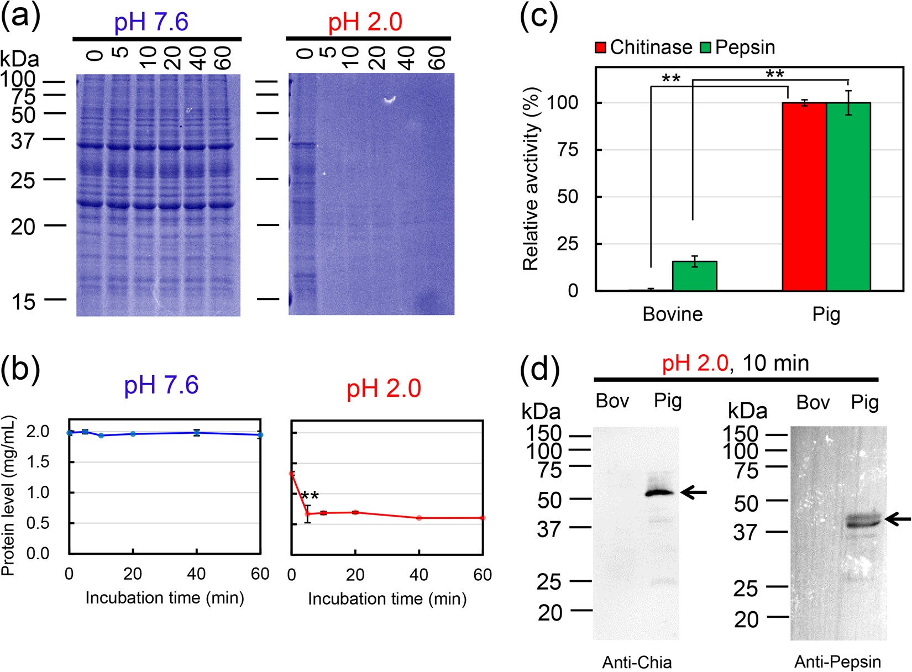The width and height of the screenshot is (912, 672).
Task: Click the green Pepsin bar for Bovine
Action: pyautogui.click(x=694, y=276)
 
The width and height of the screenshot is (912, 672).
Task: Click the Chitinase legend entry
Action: pyautogui.click(x=644, y=48)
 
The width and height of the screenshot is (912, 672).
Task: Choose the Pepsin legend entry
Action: pyautogui.click(x=738, y=48)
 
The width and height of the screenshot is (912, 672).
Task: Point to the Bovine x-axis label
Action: pyautogui.click(x=672, y=314)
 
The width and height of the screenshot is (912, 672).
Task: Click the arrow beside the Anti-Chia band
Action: pyautogui.click(x=694, y=492)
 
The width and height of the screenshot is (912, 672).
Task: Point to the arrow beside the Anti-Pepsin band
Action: pyautogui.click(x=898, y=519)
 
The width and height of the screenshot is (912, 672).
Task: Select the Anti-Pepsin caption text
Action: pyautogui.click(x=837, y=662)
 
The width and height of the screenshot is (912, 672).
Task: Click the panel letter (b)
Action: pyautogui.click(x=20, y=369)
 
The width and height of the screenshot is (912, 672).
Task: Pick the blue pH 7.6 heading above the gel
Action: pyautogui.click(x=151, y=22)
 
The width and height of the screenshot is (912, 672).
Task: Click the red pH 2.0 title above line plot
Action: pyautogui.click(x=384, y=388)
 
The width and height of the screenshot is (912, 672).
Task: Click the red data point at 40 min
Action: pyautogui.click(x=419, y=518)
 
